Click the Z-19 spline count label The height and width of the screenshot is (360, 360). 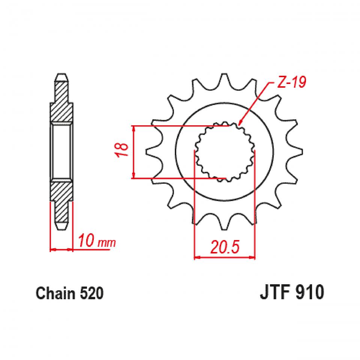point(291,82)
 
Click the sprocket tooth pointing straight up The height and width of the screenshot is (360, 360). point(224,79)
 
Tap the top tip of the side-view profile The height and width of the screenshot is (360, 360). point(61,75)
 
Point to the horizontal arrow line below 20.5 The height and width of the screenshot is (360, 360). point(224,258)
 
